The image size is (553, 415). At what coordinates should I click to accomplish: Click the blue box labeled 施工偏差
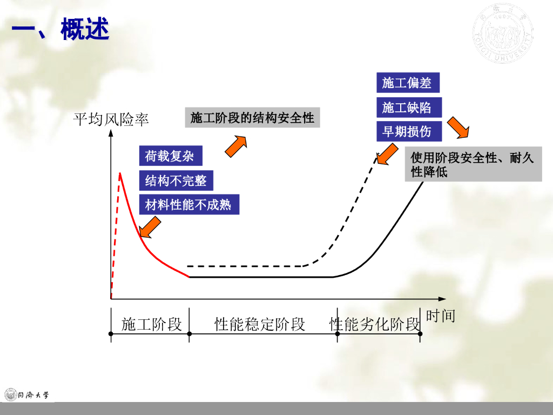(x=407, y=83)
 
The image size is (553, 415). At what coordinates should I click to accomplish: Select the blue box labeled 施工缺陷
(x=407, y=108)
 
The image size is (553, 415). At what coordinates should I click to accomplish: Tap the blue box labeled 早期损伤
(x=407, y=131)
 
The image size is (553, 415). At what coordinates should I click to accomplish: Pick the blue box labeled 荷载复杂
(x=170, y=156)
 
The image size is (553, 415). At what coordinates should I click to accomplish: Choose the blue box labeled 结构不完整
(x=176, y=180)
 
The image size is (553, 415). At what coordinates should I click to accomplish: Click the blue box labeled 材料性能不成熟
(x=188, y=205)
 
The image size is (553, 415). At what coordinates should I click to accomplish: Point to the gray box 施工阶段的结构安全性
(x=252, y=118)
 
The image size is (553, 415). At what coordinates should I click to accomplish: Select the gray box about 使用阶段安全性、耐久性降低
(x=473, y=165)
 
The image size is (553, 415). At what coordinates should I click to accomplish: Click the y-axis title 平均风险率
(x=111, y=119)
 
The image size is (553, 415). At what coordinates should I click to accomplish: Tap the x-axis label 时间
(x=440, y=316)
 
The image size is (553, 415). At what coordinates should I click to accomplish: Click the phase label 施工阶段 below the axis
(x=151, y=324)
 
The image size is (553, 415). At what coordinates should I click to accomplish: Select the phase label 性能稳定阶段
(x=260, y=324)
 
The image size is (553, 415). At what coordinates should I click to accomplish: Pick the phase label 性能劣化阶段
(x=375, y=324)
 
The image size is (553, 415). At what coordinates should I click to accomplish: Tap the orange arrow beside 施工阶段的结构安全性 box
(x=235, y=146)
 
